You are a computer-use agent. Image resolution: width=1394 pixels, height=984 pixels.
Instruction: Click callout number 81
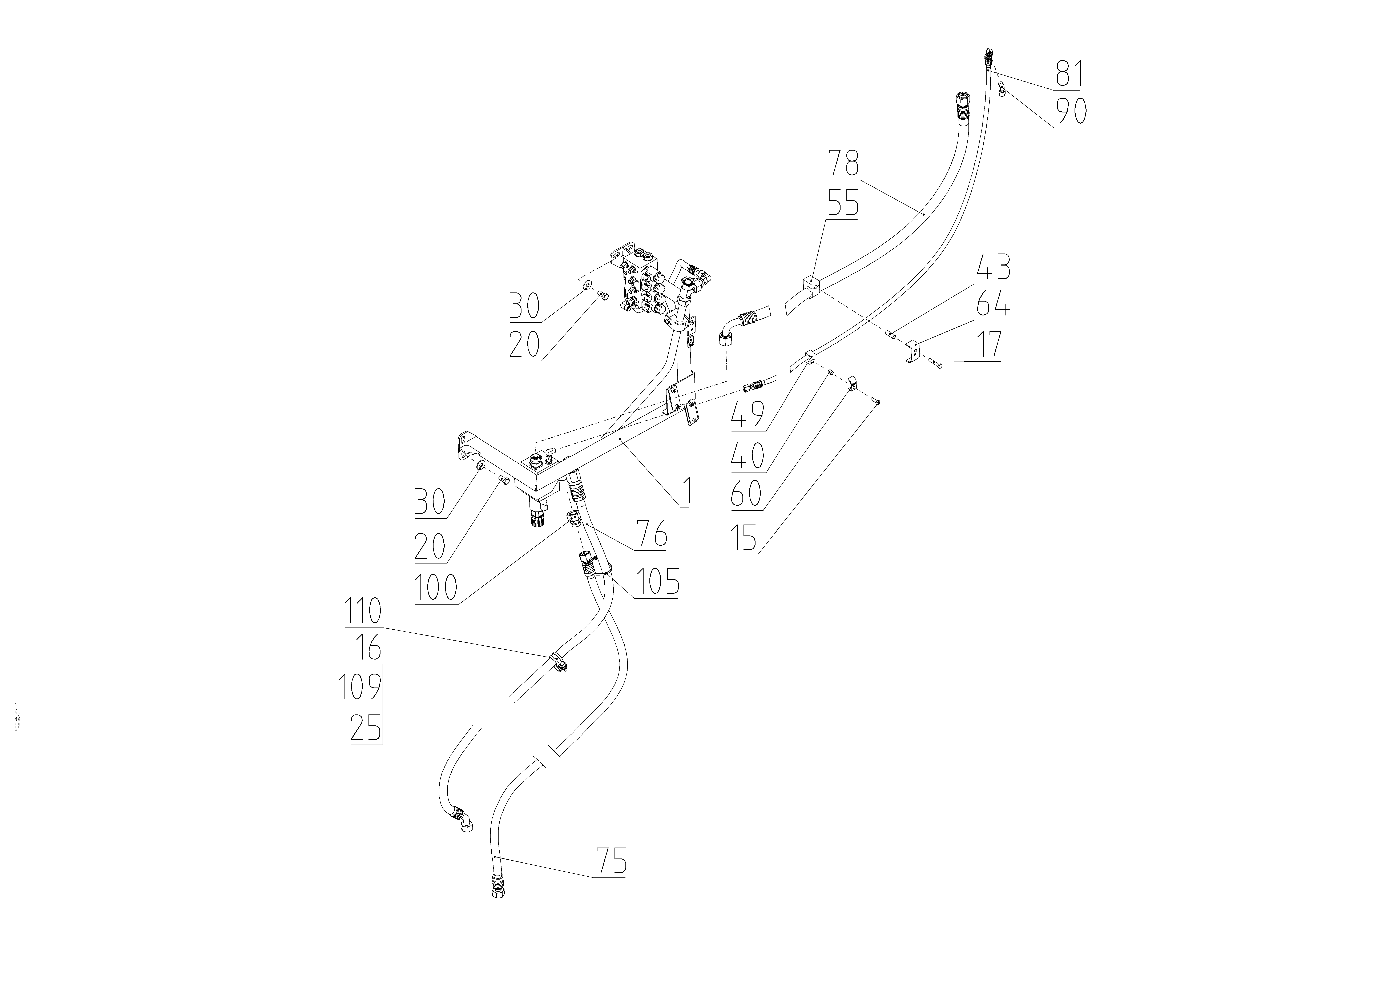pos(1070,74)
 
